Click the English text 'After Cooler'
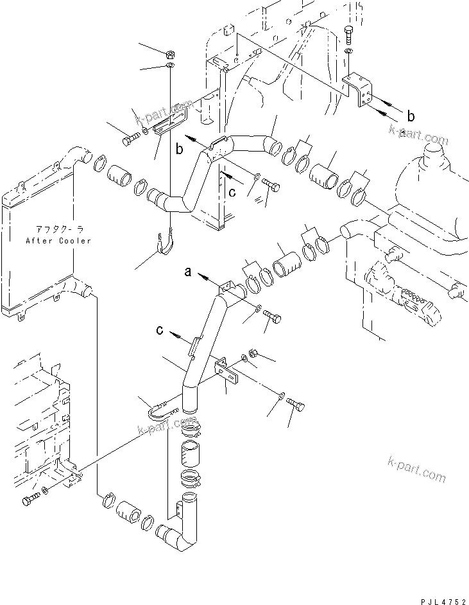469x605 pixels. point(59,241)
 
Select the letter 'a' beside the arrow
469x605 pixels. point(188,272)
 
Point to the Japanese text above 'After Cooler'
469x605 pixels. point(59,231)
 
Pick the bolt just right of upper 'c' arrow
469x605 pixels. point(273,186)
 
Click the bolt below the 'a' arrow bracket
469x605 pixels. point(272,319)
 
